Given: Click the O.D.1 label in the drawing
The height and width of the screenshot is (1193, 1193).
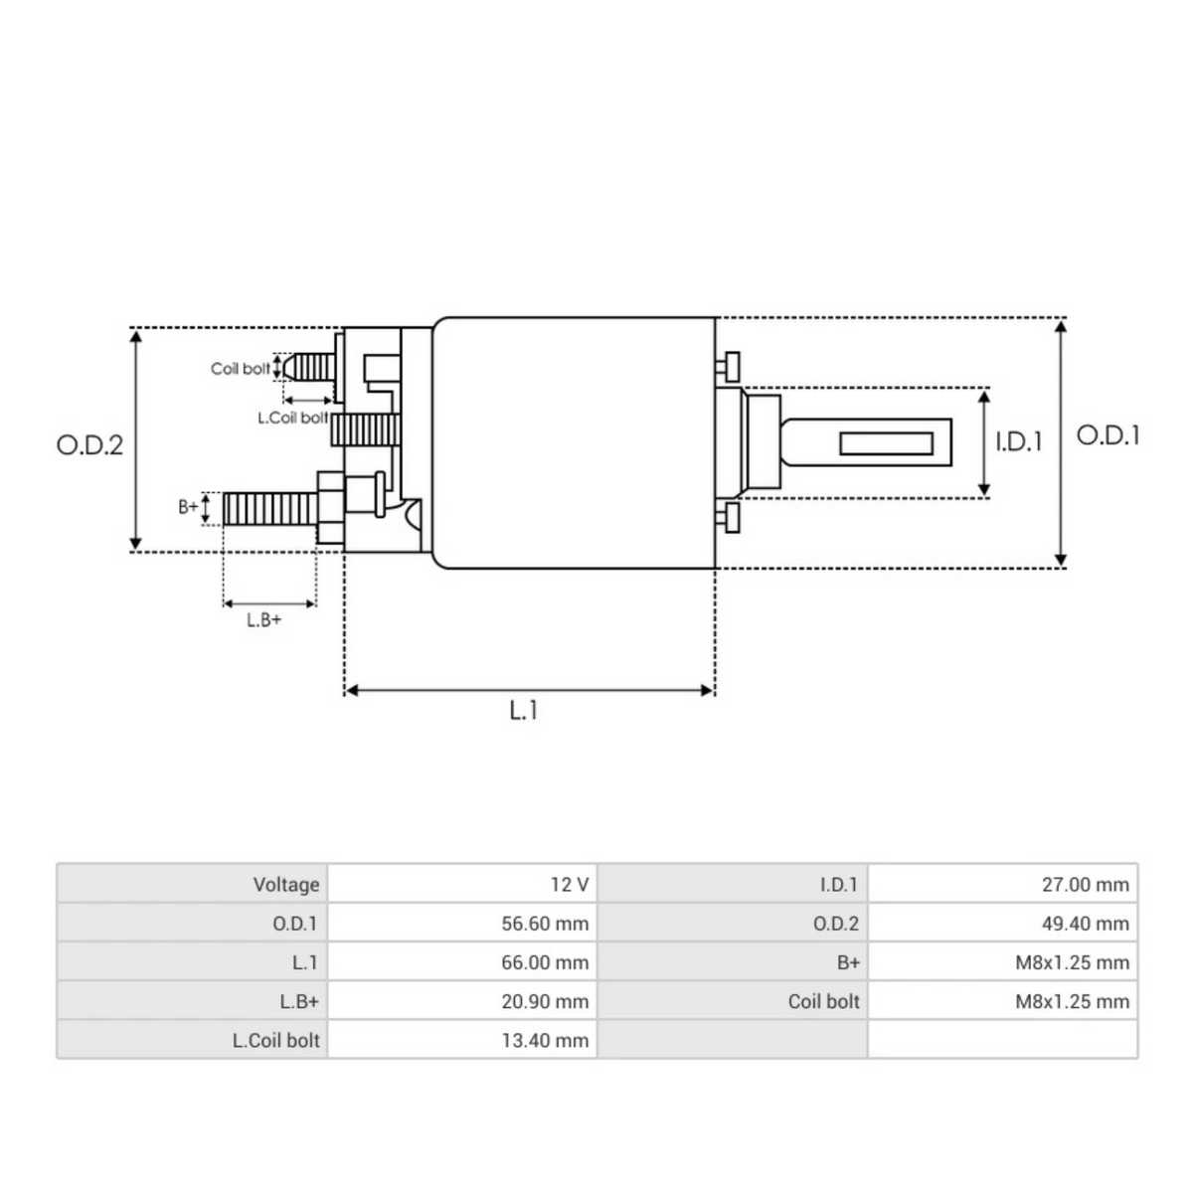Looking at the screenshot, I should [1108, 435].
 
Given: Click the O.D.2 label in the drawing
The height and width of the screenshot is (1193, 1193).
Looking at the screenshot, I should [89, 444].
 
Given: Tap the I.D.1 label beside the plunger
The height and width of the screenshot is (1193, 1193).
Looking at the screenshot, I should [1019, 441].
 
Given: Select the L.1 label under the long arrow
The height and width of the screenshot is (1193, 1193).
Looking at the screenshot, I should [524, 711].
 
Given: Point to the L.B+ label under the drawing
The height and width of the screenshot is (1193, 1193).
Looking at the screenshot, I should [263, 620].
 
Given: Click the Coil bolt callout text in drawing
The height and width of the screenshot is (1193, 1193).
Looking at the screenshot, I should [240, 369].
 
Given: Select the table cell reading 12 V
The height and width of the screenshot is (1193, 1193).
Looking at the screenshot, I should [569, 884].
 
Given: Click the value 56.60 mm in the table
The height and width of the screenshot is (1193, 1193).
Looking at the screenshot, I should [545, 924].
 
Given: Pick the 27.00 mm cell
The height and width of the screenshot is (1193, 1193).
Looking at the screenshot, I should [1085, 884].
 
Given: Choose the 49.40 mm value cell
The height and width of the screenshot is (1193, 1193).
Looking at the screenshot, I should [1085, 924].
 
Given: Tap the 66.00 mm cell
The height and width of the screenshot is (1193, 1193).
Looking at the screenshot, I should [545, 962].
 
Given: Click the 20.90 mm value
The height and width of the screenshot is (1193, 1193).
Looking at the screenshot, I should [545, 1001].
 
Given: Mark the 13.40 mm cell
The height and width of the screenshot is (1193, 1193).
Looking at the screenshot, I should [545, 1041].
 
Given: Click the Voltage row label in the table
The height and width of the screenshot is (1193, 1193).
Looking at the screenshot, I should [286, 884].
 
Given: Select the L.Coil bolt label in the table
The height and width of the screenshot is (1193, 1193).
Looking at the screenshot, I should [276, 1041].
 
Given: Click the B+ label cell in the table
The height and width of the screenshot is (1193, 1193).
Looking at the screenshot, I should [848, 962].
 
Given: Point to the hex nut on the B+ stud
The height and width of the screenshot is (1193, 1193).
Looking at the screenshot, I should [330, 508].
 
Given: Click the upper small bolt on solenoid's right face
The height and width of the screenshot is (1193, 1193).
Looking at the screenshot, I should [731, 365].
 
